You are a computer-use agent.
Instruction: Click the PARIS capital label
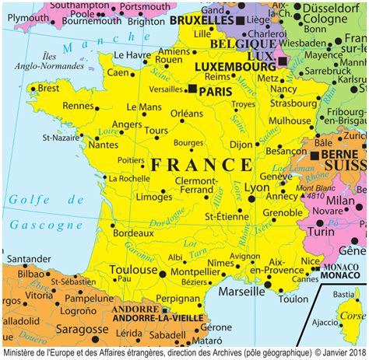click(219, 91)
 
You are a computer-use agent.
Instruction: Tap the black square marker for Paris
click(192, 90)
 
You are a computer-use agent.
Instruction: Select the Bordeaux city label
click(128, 232)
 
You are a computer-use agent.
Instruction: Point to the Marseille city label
click(243, 291)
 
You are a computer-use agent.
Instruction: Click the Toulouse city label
click(133, 270)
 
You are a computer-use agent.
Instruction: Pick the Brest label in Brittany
click(48, 89)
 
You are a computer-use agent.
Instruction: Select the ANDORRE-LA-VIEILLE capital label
click(156, 317)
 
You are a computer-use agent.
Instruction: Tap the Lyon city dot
click(251, 198)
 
